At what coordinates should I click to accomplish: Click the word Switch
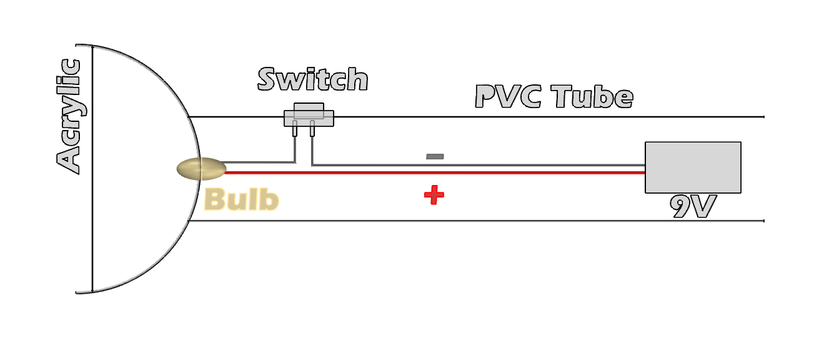pos(312,79)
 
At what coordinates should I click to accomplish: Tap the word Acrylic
pos(69,116)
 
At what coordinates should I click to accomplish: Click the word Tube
pos(592,97)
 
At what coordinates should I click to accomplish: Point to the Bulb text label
pos(241,199)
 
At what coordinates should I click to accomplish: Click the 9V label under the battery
pos(692,207)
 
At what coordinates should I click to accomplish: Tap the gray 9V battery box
pos(692,167)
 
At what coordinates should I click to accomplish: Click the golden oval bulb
pos(201,169)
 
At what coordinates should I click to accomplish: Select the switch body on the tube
pos(309,117)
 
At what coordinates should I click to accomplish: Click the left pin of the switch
pos(295,130)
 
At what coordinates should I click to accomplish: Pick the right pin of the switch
pos(311,130)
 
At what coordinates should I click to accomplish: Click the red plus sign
pos(434,195)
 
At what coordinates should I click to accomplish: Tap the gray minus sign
pos(435,156)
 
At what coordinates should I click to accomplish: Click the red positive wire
pos(437,172)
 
